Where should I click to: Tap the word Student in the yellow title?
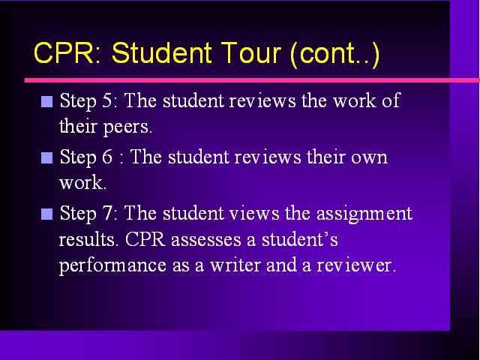click(161, 52)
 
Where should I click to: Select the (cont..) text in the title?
click(335, 54)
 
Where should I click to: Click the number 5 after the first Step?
click(107, 100)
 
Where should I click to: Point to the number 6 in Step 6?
click(107, 157)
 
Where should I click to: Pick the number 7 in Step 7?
click(107, 213)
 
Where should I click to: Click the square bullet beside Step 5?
click(46, 102)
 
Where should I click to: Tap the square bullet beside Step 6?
click(46, 158)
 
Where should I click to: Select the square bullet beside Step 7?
click(46, 214)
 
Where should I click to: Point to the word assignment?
click(364, 214)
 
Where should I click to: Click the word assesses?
click(206, 240)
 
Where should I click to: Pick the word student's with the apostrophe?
click(300, 239)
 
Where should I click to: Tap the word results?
click(88, 240)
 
